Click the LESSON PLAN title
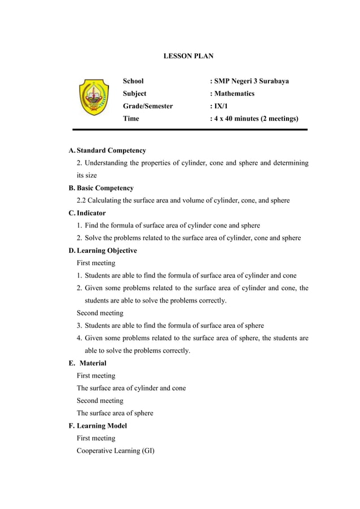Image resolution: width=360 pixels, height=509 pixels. point(188,56)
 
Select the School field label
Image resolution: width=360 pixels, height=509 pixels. point(133,81)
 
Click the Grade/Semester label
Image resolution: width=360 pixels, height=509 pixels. point(148,106)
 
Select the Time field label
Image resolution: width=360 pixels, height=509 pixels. point(131,119)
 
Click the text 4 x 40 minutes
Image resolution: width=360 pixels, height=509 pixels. point(240,119)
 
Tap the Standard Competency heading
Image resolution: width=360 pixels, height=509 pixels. point(111,151)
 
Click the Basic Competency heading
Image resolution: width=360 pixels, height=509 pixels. point(105,188)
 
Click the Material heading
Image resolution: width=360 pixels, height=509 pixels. point(93,363)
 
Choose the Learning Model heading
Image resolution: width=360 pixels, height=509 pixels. point(102,425)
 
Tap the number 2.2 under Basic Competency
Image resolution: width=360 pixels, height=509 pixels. point(82,201)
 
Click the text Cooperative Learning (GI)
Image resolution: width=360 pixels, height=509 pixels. point(116,450)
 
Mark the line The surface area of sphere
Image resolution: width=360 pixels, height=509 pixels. point(115,413)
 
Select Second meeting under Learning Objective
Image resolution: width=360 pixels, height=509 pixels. point(100,313)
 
